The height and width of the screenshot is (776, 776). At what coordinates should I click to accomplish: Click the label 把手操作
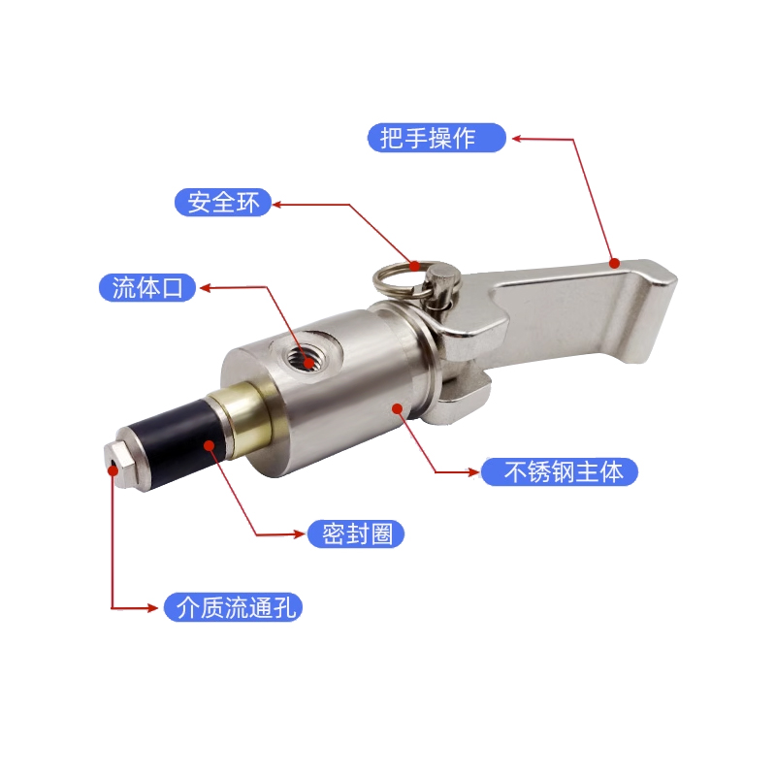tap(436, 138)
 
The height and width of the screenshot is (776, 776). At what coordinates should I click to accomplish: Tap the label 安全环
tap(223, 202)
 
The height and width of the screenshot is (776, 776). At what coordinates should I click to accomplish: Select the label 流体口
tap(147, 287)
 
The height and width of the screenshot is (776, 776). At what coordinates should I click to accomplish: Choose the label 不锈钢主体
tap(560, 471)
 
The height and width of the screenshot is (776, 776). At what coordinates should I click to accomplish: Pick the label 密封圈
tap(356, 533)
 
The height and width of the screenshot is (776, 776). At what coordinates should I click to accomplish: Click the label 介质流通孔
tap(233, 607)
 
